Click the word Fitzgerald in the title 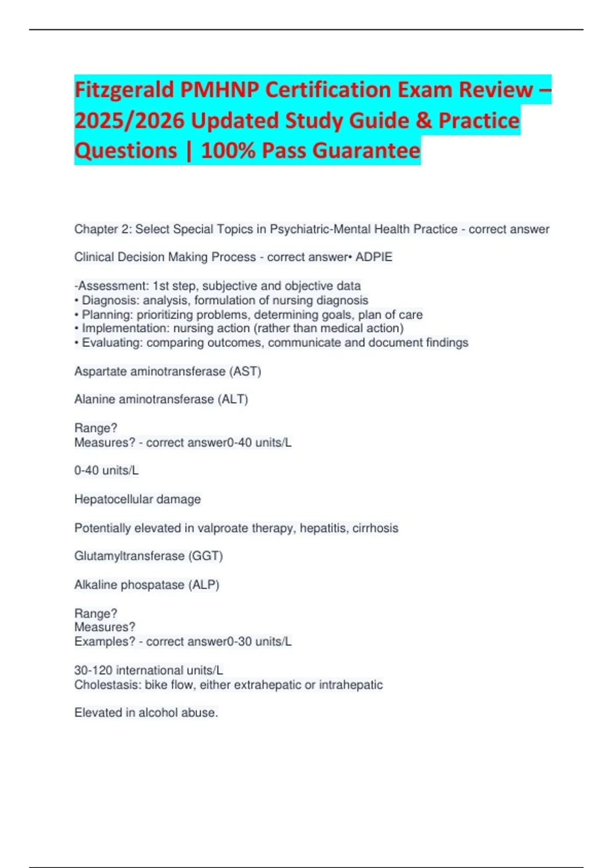pos(124,90)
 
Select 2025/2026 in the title pos(129,120)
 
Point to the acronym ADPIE pos(374,257)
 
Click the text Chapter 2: pos(103,229)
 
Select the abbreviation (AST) pos(247,371)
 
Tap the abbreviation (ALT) pos(233,399)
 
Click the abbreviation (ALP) pos(204,585)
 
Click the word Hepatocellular pos(113,499)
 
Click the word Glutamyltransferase pos(129,556)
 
